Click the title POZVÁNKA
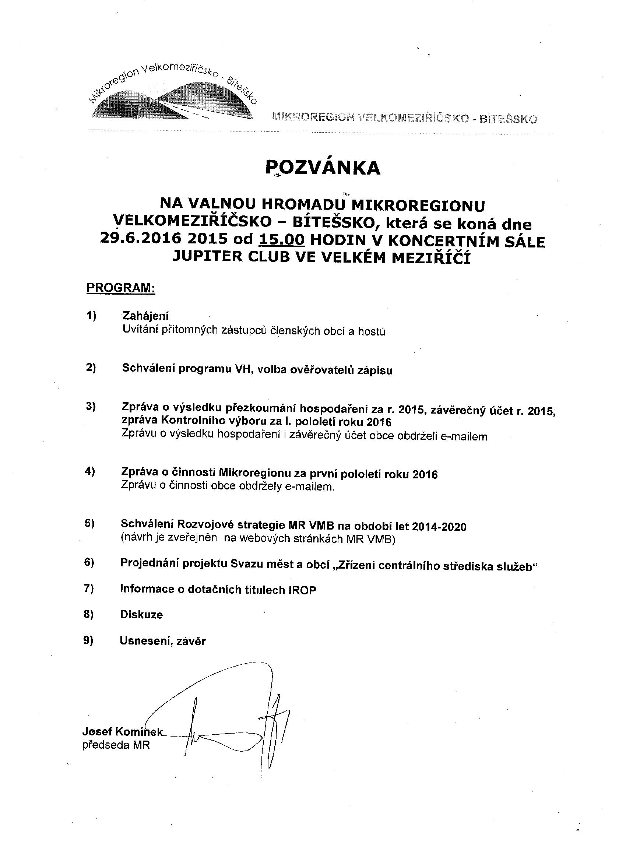pyautogui.click(x=322, y=168)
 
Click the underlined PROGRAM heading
pyautogui.click(x=121, y=287)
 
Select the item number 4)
pyautogui.click(x=89, y=471)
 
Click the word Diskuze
pyautogui.click(x=141, y=615)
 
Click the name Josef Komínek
pyautogui.click(x=122, y=731)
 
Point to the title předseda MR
pyautogui.click(x=116, y=745)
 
